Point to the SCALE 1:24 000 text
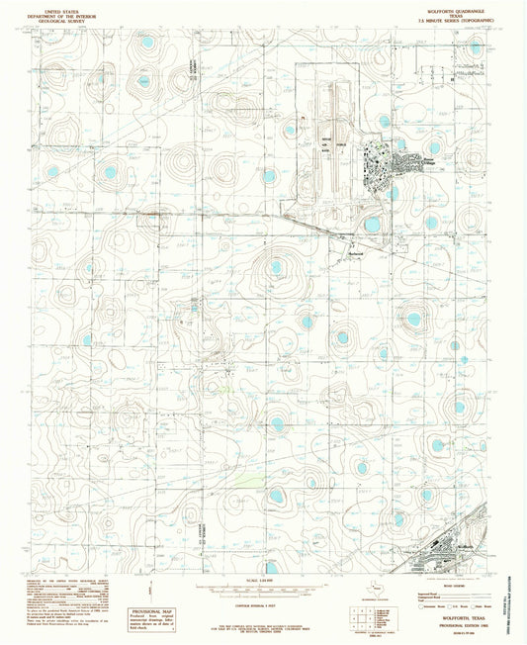click(x=263, y=579)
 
